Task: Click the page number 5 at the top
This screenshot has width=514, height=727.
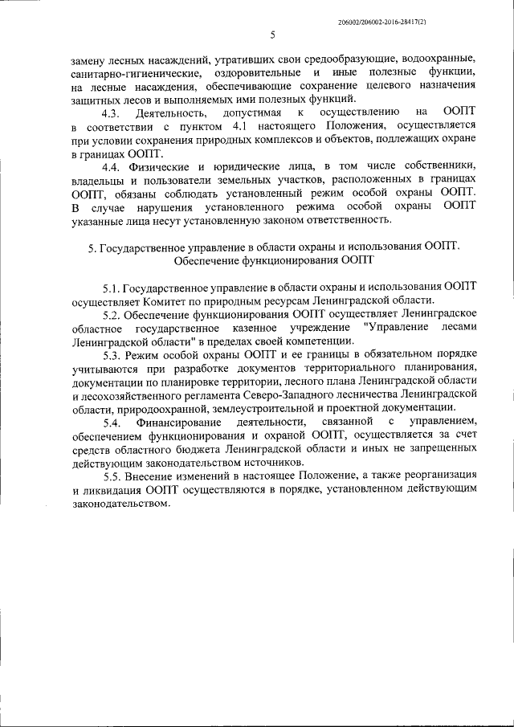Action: (272, 35)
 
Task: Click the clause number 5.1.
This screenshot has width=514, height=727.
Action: (112, 287)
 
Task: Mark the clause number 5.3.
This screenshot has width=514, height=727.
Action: (112, 353)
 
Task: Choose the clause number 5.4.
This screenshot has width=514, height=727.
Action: (112, 421)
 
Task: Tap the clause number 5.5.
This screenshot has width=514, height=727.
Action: (112, 476)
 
